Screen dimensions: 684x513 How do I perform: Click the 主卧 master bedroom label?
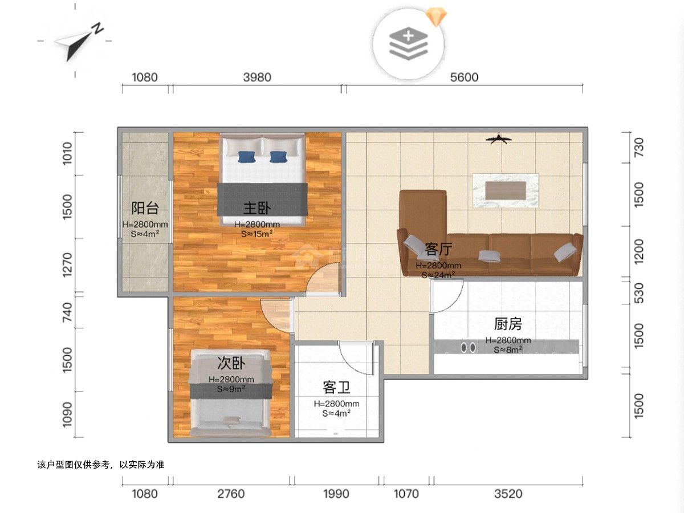(x=256, y=208)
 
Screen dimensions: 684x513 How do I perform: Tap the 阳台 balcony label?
(x=145, y=207)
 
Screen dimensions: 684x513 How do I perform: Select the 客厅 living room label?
(x=438, y=249)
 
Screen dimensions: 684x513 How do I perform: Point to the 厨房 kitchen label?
(x=508, y=324)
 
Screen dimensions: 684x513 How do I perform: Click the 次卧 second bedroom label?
(x=231, y=363)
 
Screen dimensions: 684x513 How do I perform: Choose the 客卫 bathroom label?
(x=336, y=388)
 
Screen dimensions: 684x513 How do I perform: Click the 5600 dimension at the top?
(x=464, y=78)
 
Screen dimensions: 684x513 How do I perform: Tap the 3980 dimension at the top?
(x=257, y=78)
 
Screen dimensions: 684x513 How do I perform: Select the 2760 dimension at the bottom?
(x=231, y=494)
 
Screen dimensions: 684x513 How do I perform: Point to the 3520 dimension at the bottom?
(x=508, y=494)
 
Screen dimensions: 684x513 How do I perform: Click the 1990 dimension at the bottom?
(x=336, y=494)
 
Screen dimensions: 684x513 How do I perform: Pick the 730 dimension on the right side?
(x=638, y=147)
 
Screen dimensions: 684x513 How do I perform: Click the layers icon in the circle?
(x=408, y=43)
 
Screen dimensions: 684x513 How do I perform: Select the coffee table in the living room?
(x=506, y=190)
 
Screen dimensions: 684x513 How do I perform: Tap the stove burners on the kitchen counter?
(x=468, y=347)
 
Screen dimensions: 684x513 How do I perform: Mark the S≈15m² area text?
(x=256, y=234)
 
